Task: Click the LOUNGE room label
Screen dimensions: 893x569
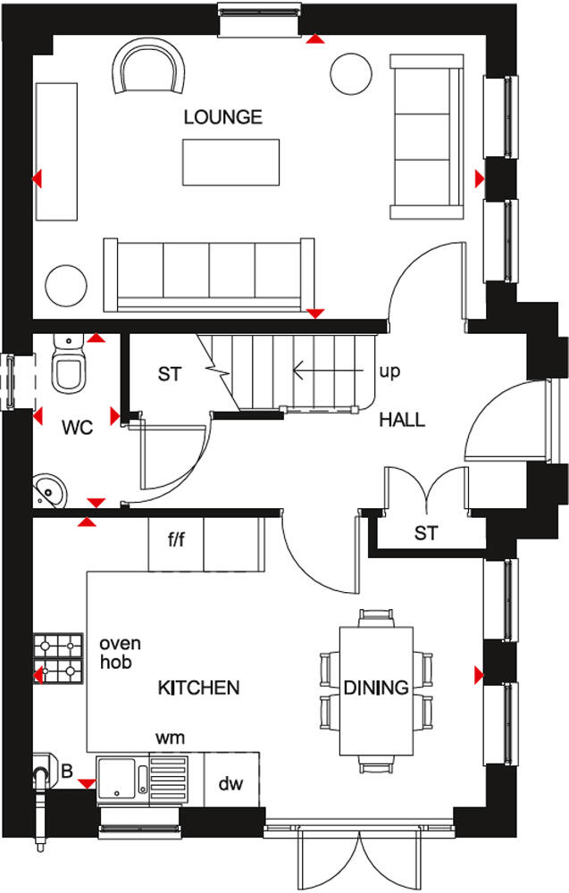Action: tap(223, 117)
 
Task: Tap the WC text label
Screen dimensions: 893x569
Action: tap(78, 428)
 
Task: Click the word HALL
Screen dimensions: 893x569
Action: tap(402, 420)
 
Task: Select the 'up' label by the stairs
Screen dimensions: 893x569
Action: tap(389, 371)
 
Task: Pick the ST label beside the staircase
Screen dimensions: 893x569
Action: tap(170, 374)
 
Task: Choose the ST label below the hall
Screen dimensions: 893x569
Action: tap(426, 534)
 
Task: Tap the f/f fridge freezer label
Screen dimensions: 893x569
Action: tap(176, 540)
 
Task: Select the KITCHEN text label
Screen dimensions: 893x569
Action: tap(198, 688)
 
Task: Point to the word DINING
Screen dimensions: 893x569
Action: tap(376, 688)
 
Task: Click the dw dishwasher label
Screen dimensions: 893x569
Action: tap(230, 784)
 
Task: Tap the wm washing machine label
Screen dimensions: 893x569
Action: tap(170, 738)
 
